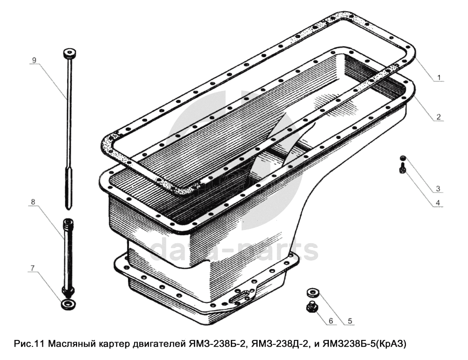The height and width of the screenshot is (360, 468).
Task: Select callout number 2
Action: pos(438,117)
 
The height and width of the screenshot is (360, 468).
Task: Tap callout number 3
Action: pos(438,188)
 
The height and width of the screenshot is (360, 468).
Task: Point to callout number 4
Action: pos(437,203)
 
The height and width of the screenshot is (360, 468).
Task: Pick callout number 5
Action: pos(350,321)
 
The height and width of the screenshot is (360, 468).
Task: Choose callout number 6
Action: pos(330,321)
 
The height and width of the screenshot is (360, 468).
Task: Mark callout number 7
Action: pos(33,268)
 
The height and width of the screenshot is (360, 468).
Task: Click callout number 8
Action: pos(33,202)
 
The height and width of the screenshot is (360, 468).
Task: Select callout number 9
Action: pos(34,60)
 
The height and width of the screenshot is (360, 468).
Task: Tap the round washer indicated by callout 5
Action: pos(313,292)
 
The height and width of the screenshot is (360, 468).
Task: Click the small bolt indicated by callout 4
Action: pos(402,168)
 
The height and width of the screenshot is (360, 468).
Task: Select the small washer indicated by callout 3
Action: pos(403,157)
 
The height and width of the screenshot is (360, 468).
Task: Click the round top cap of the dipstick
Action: pos(70,53)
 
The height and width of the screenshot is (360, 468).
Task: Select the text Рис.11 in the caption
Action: pos(29,344)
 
